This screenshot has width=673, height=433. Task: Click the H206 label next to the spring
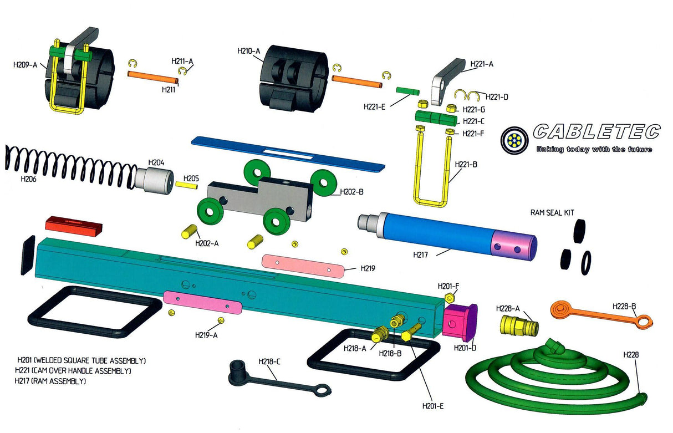coord(28,179)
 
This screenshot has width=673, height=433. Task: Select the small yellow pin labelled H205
coord(187,185)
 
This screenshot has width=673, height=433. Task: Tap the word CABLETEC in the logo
coord(596,132)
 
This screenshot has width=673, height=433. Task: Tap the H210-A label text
coord(248,51)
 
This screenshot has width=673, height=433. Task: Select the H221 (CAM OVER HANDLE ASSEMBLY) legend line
coord(73,370)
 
